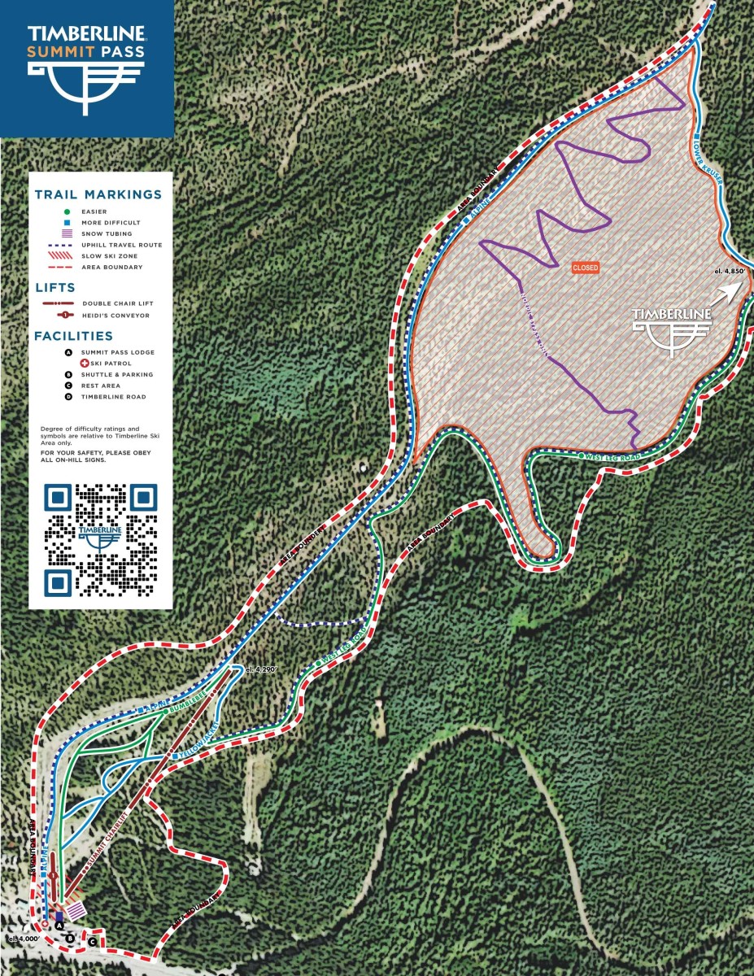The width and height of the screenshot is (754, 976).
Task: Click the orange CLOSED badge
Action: [586, 268]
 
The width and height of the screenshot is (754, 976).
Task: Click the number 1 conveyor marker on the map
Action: [52, 875]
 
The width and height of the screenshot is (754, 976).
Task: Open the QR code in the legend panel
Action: [101, 539]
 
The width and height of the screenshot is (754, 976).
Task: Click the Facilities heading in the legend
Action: [73, 336]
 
